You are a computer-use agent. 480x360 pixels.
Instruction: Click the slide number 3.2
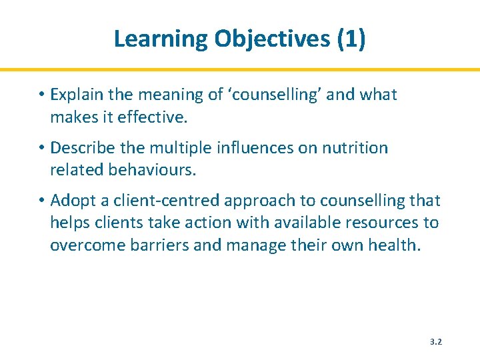click(x=436, y=341)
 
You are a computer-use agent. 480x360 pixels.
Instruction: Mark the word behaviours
click(x=150, y=171)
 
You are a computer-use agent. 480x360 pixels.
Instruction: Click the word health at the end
click(x=397, y=245)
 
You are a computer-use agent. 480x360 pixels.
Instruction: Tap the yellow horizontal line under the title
click(x=240, y=69)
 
